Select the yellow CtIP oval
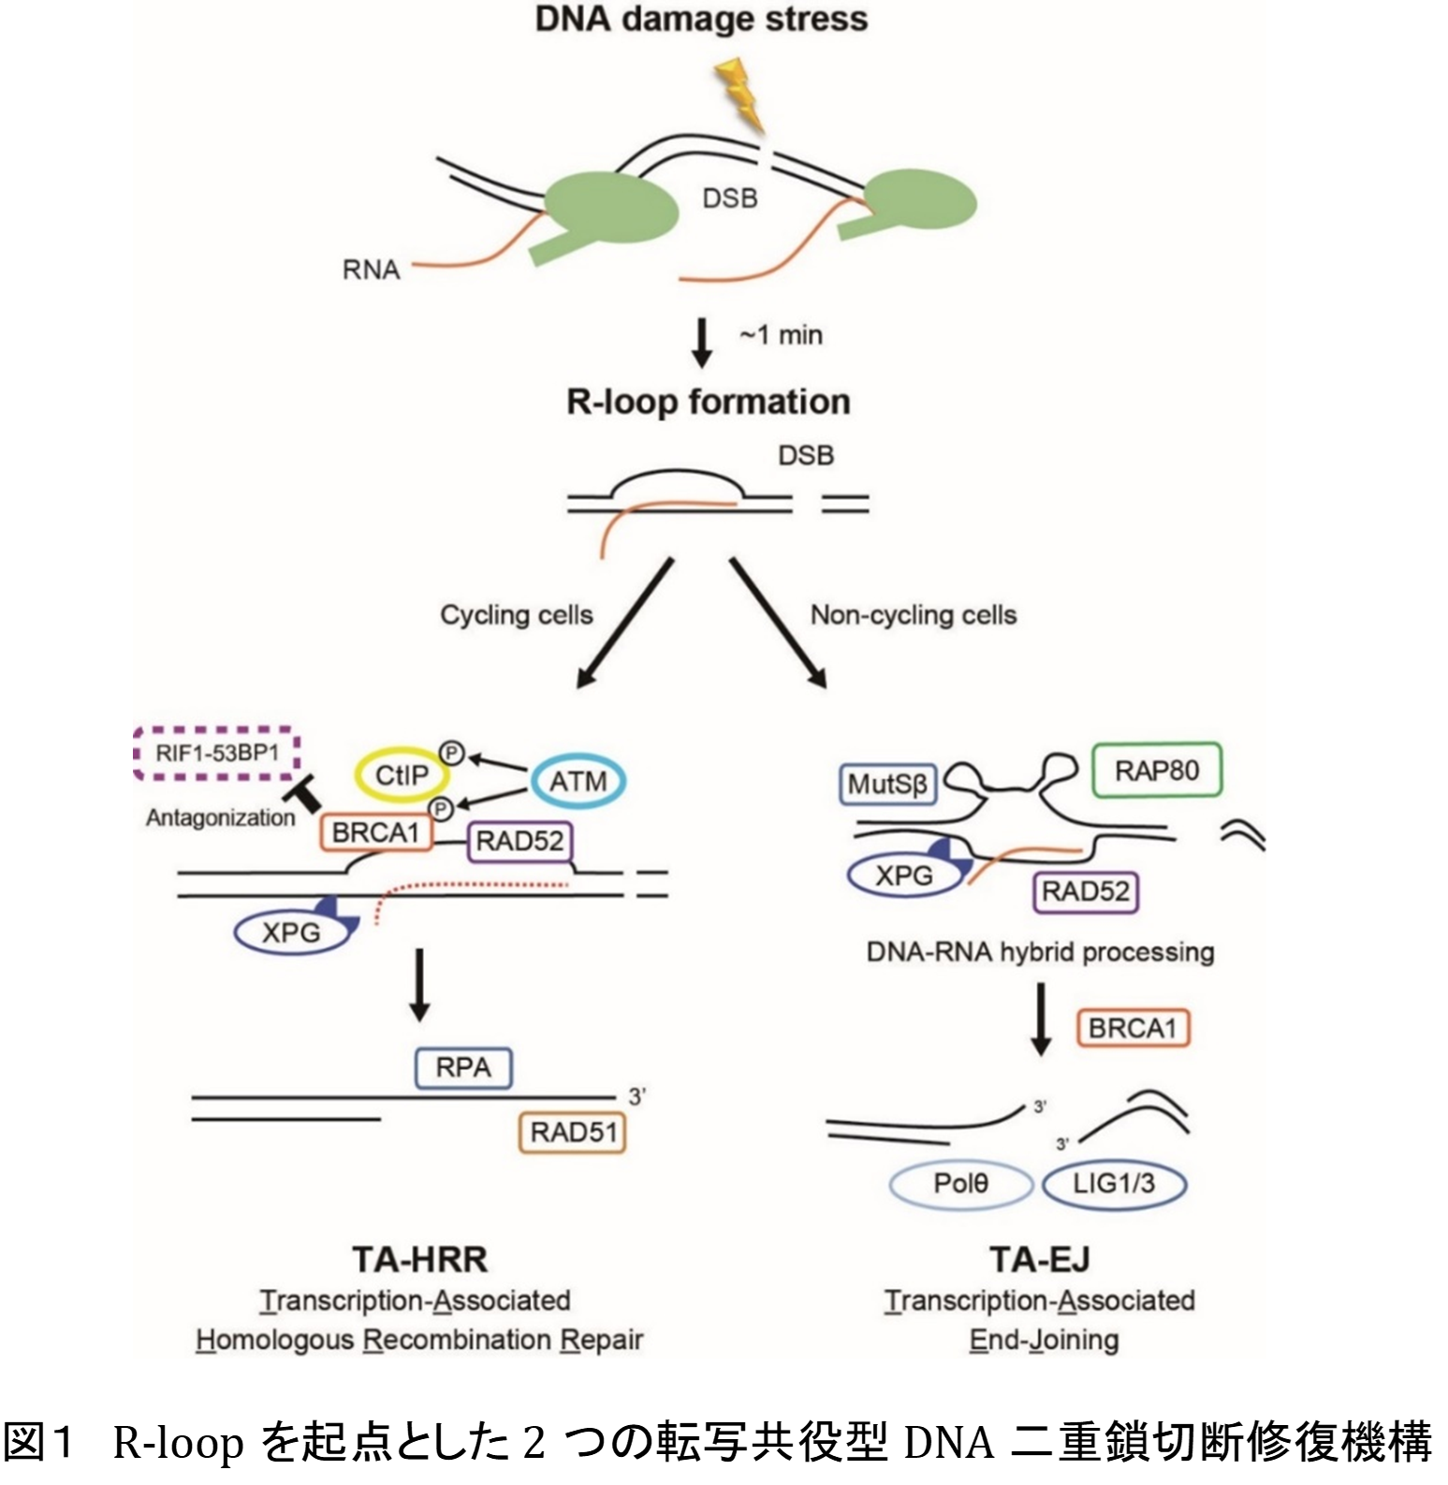(x=402, y=775)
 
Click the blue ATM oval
(x=578, y=781)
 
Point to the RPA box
(x=463, y=1067)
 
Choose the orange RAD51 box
(x=573, y=1132)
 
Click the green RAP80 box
(x=1157, y=770)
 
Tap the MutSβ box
(x=887, y=785)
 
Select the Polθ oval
(x=960, y=1184)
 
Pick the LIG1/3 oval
(x=1114, y=1184)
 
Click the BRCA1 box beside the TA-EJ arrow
(x=1133, y=1028)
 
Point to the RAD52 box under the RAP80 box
(x=1086, y=890)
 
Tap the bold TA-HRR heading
(x=420, y=1259)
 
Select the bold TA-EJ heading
(x=1040, y=1259)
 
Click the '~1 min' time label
(x=781, y=334)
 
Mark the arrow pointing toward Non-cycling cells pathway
(x=779, y=624)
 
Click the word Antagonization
(x=220, y=817)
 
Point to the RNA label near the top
(x=371, y=270)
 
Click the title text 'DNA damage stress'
(x=701, y=19)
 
